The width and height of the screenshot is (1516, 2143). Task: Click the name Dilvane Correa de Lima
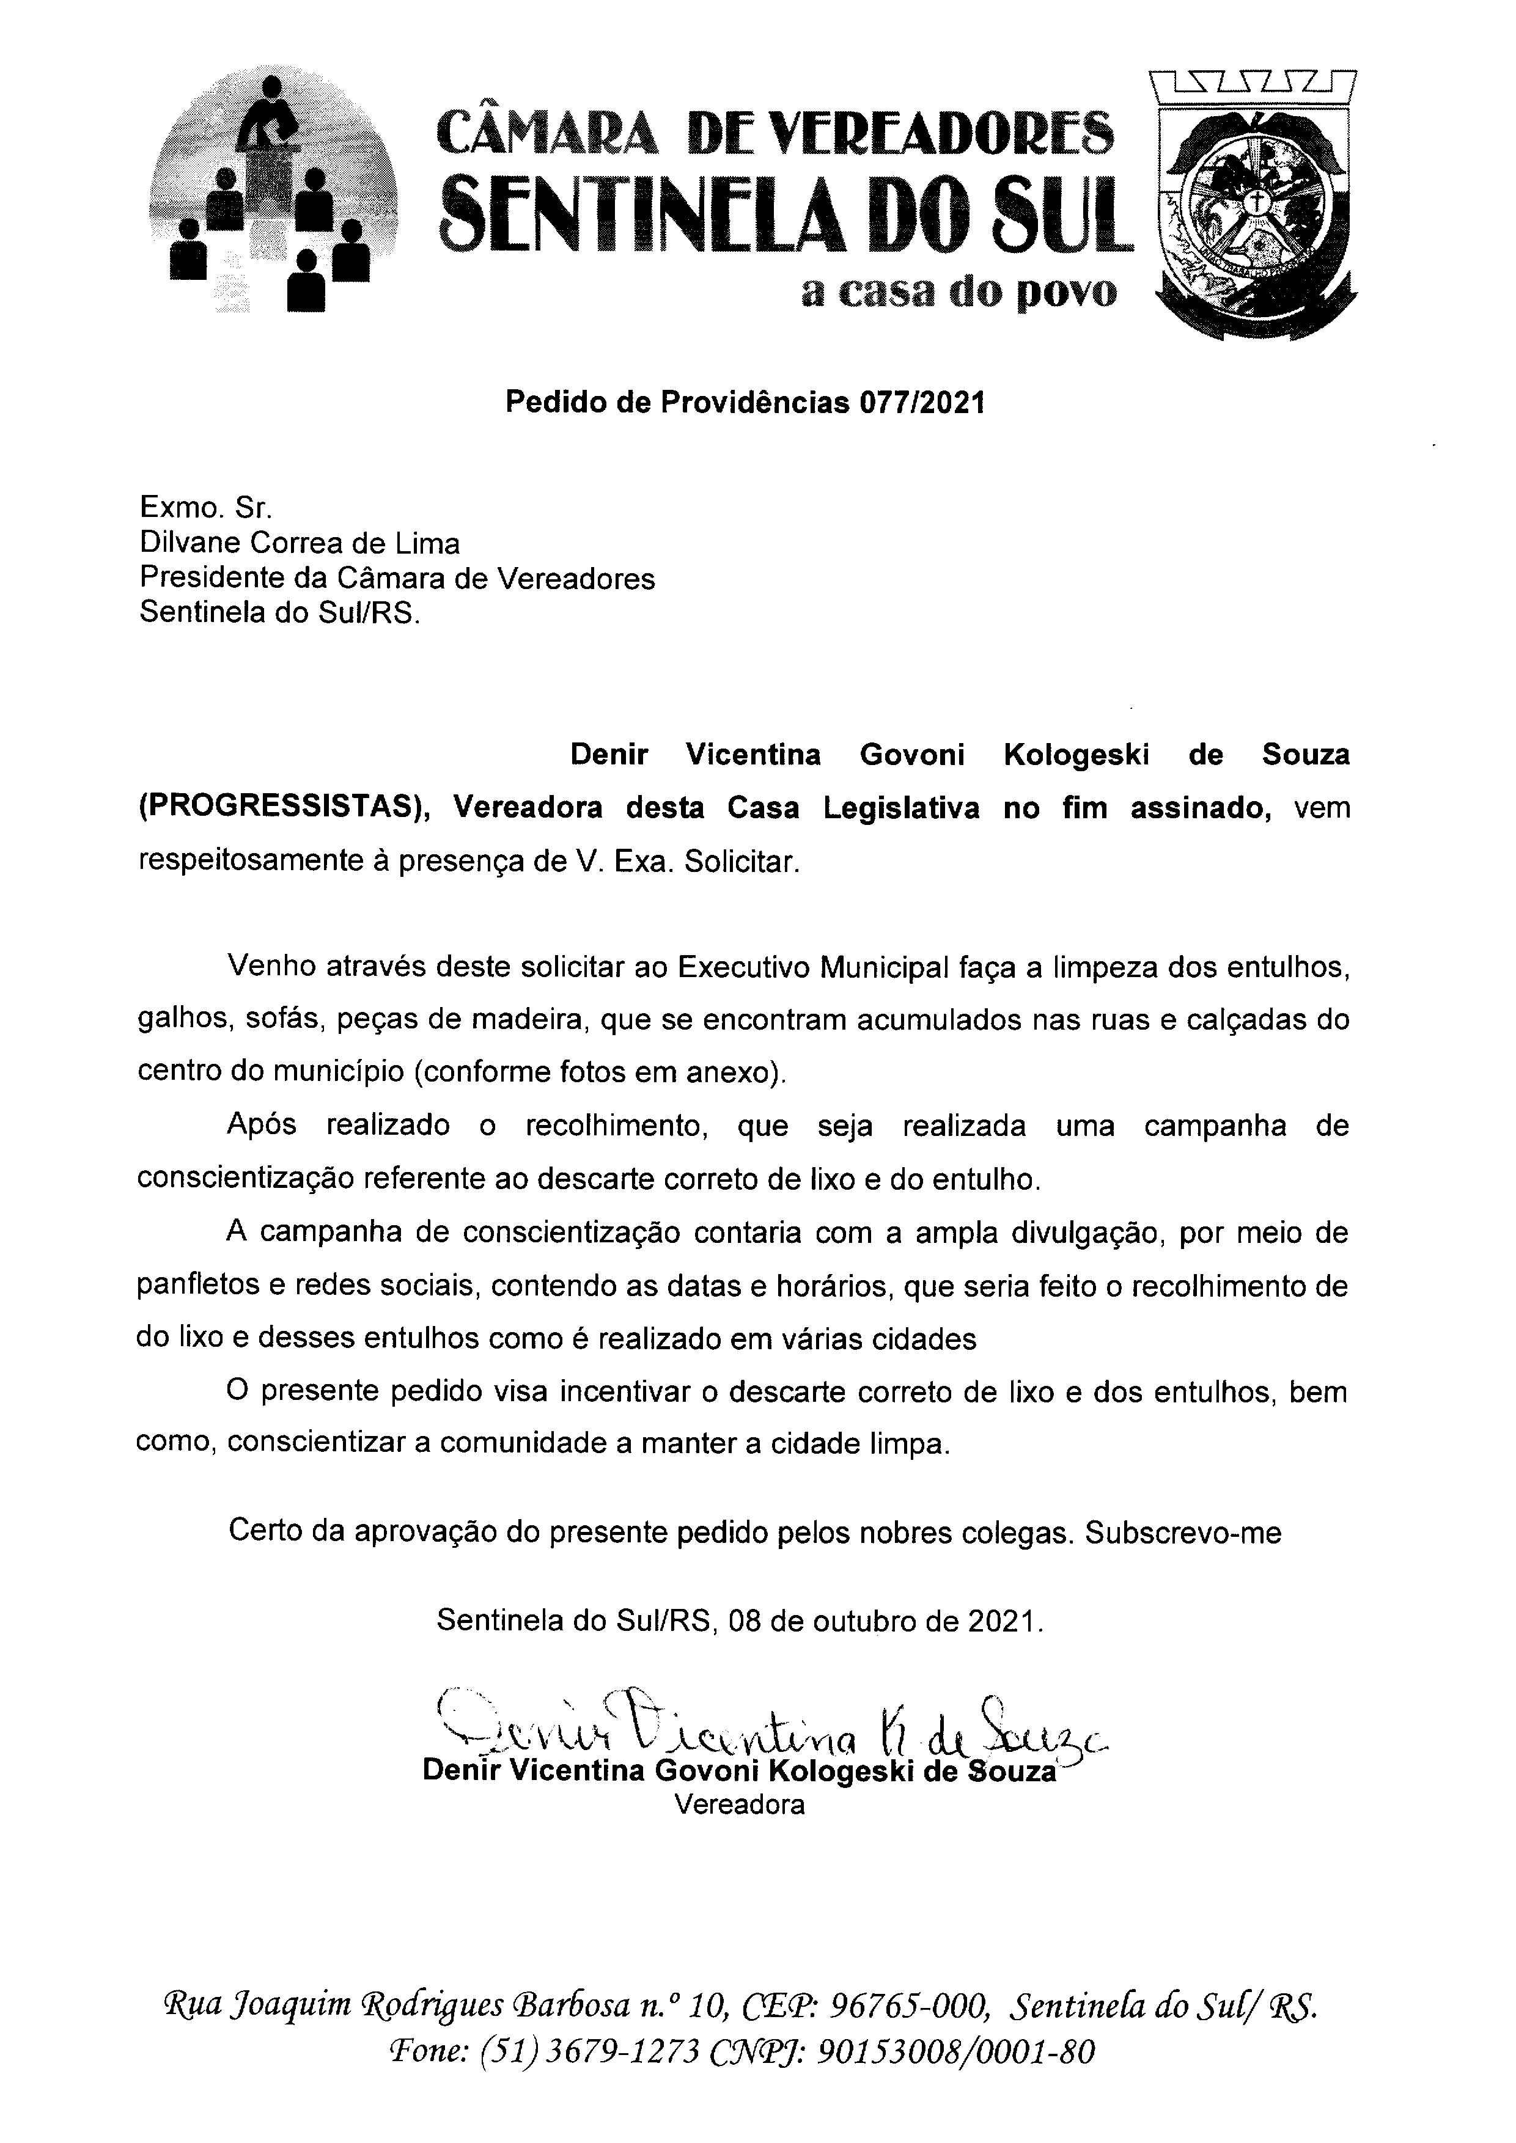[300, 543]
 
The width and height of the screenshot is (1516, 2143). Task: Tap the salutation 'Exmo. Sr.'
[205, 508]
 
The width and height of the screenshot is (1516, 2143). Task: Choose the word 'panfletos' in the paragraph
[197, 1286]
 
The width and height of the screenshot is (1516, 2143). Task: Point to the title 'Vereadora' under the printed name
[739, 1805]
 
